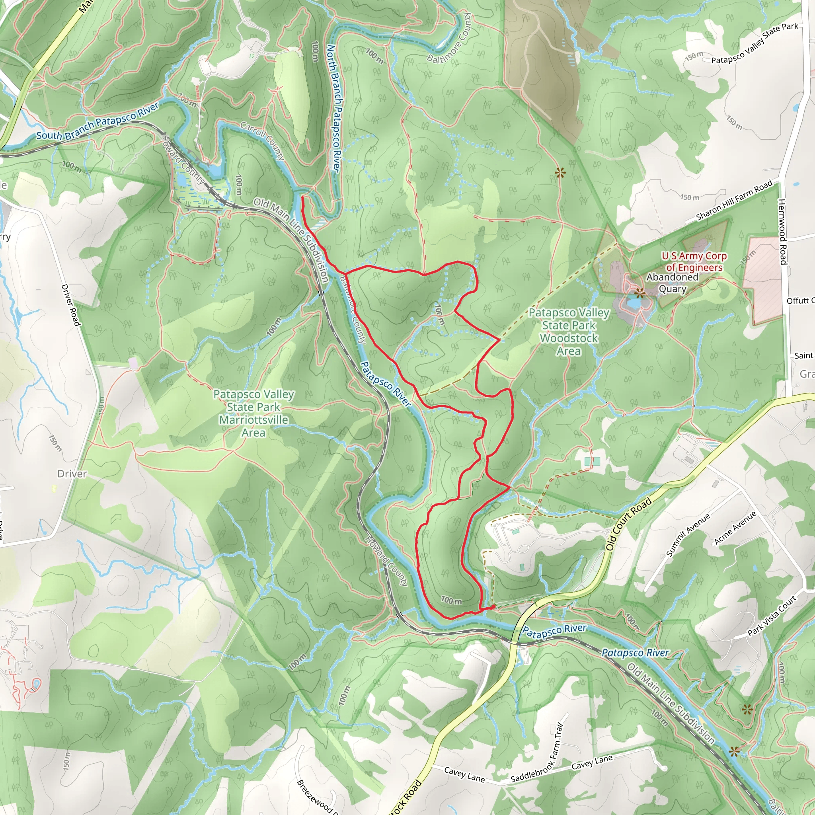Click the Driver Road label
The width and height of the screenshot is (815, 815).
(x=70, y=305)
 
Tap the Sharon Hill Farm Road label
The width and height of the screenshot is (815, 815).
(x=734, y=201)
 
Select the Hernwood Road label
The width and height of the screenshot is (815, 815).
(x=782, y=232)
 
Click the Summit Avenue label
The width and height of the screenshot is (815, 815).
(x=688, y=534)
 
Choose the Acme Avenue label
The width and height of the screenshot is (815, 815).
(x=735, y=528)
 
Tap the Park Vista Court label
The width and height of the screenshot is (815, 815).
(x=772, y=616)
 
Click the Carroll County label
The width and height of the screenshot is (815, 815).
(x=262, y=141)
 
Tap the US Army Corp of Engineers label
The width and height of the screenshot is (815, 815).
(x=694, y=261)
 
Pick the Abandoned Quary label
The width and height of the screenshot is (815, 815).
(x=673, y=283)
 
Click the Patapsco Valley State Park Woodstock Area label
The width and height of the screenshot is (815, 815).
(x=569, y=331)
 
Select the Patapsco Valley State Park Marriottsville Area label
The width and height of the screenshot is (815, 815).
(x=253, y=413)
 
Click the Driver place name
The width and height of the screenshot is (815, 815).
(x=72, y=474)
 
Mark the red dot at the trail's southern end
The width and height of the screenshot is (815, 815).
(x=493, y=607)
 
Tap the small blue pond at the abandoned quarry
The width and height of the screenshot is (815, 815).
(x=634, y=303)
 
